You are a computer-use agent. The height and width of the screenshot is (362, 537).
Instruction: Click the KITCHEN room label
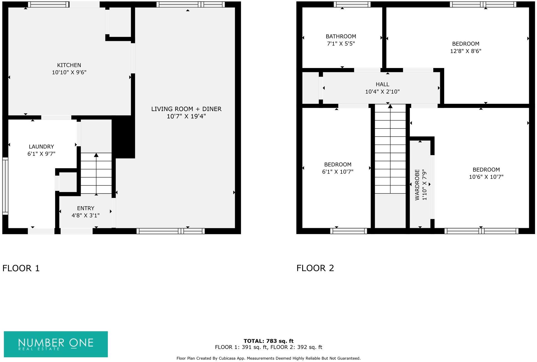[x=69, y=65]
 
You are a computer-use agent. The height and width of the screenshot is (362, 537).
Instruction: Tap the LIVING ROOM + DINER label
[x=186, y=109]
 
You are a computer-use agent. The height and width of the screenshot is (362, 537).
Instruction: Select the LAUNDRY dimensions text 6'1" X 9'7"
[x=41, y=154]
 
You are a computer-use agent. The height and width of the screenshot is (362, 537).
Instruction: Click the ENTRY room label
[x=85, y=208]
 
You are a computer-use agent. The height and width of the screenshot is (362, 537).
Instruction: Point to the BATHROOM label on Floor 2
[x=341, y=36]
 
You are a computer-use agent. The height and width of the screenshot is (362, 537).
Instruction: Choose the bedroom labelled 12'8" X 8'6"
[x=465, y=47]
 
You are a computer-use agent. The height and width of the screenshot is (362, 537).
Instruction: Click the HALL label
[x=382, y=84]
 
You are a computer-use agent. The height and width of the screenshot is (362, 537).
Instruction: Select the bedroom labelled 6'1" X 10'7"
[x=337, y=168]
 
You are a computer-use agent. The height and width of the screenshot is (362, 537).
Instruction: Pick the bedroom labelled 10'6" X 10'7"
[x=486, y=173]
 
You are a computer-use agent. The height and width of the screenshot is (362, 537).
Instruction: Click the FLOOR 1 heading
[x=21, y=268]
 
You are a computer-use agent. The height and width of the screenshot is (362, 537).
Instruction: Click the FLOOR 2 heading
[x=315, y=268]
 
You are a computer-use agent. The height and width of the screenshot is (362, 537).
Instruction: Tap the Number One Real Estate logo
[x=56, y=344]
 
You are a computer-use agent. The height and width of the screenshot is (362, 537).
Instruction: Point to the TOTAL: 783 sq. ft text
[x=268, y=341]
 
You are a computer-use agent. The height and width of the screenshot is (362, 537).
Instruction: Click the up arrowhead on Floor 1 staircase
[x=96, y=155]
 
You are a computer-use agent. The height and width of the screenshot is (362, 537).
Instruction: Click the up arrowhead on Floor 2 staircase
[x=390, y=106]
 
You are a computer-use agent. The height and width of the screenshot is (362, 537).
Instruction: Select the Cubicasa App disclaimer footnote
[x=268, y=358]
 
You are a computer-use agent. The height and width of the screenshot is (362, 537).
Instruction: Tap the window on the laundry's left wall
[x=5, y=186]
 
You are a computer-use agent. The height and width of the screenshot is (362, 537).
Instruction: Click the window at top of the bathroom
[x=352, y=4]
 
